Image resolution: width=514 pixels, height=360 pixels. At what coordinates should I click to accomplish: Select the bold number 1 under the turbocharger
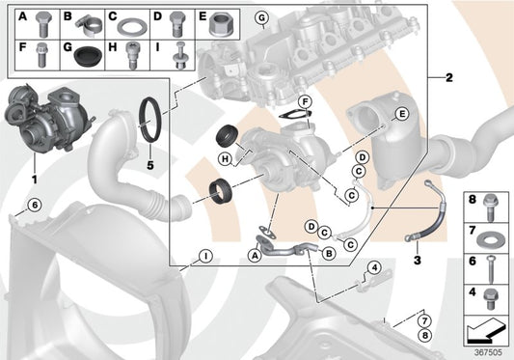coord(34,180)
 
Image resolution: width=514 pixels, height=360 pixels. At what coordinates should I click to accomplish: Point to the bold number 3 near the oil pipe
coord(418,261)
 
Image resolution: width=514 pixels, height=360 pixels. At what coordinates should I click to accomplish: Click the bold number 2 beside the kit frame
coord(447,78)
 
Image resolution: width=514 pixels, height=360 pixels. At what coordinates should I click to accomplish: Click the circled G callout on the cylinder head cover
coord(260,18)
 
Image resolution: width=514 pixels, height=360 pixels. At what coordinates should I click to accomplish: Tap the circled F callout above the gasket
coord(305,101)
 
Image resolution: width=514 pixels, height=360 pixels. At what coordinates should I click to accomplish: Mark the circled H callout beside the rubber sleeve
coord(223,158)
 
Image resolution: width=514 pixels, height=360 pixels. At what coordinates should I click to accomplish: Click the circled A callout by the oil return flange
coord(254,256)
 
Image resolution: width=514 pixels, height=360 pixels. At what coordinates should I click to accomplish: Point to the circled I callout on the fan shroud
coord(205,257)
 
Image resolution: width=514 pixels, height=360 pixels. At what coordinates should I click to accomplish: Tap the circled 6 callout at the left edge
coord(33,204)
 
